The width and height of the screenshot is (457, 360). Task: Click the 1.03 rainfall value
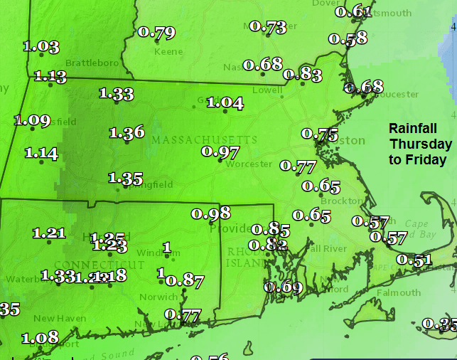[x=41, y=47]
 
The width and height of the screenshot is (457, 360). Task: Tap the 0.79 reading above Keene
[x=156, y=32]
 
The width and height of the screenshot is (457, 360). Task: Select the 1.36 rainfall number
[x=127, y=132]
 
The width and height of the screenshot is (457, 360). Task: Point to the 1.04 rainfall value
[x=225, y=103]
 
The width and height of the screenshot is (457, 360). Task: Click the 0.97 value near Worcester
[x=220, y=152]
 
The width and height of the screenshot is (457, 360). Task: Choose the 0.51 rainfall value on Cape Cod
[x=414, y=260]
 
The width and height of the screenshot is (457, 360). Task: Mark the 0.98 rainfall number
[x=211, y=213]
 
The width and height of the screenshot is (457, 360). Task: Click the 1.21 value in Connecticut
[x=49, y=233]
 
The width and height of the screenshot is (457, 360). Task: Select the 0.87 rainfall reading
[x=185, y=280]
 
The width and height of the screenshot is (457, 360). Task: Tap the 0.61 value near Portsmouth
[x=353, y=11]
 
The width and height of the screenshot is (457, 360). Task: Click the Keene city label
[x=168, y=52]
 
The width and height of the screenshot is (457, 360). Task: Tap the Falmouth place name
[x=399, y=292]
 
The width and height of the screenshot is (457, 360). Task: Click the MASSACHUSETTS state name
[x=204, y=139]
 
